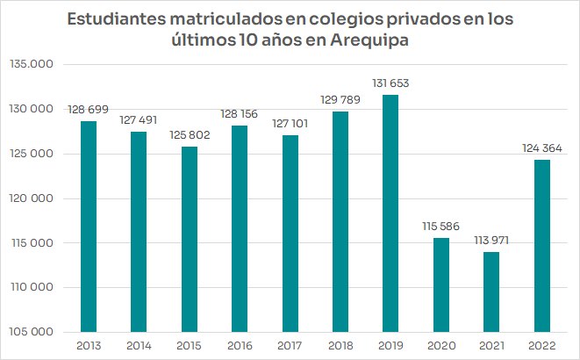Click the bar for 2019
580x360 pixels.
pos(390,213)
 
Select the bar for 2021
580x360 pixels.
pos(491,292)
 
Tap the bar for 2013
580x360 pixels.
pos(89,227)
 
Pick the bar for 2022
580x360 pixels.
pos(541,246)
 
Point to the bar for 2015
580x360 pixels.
pos(190,239)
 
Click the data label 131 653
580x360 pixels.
pos(390,83)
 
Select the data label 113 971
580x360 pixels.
pos(491,241)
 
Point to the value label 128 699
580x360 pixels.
pos(89,109)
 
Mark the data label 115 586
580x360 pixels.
pos(440,227)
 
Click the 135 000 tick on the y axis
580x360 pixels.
pos(33,65)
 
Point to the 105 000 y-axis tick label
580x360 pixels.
pos(33,332)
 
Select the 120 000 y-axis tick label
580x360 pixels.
pos(33,198)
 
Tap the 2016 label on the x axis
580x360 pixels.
pos(240,345)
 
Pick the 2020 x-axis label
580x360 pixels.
pos(440,345)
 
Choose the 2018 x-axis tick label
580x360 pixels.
pos(340,345)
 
